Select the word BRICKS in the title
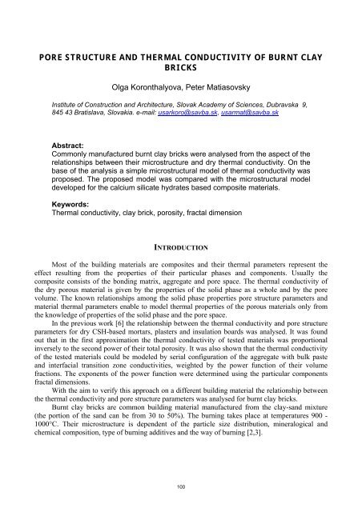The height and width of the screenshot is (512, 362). tap(181, 69)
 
